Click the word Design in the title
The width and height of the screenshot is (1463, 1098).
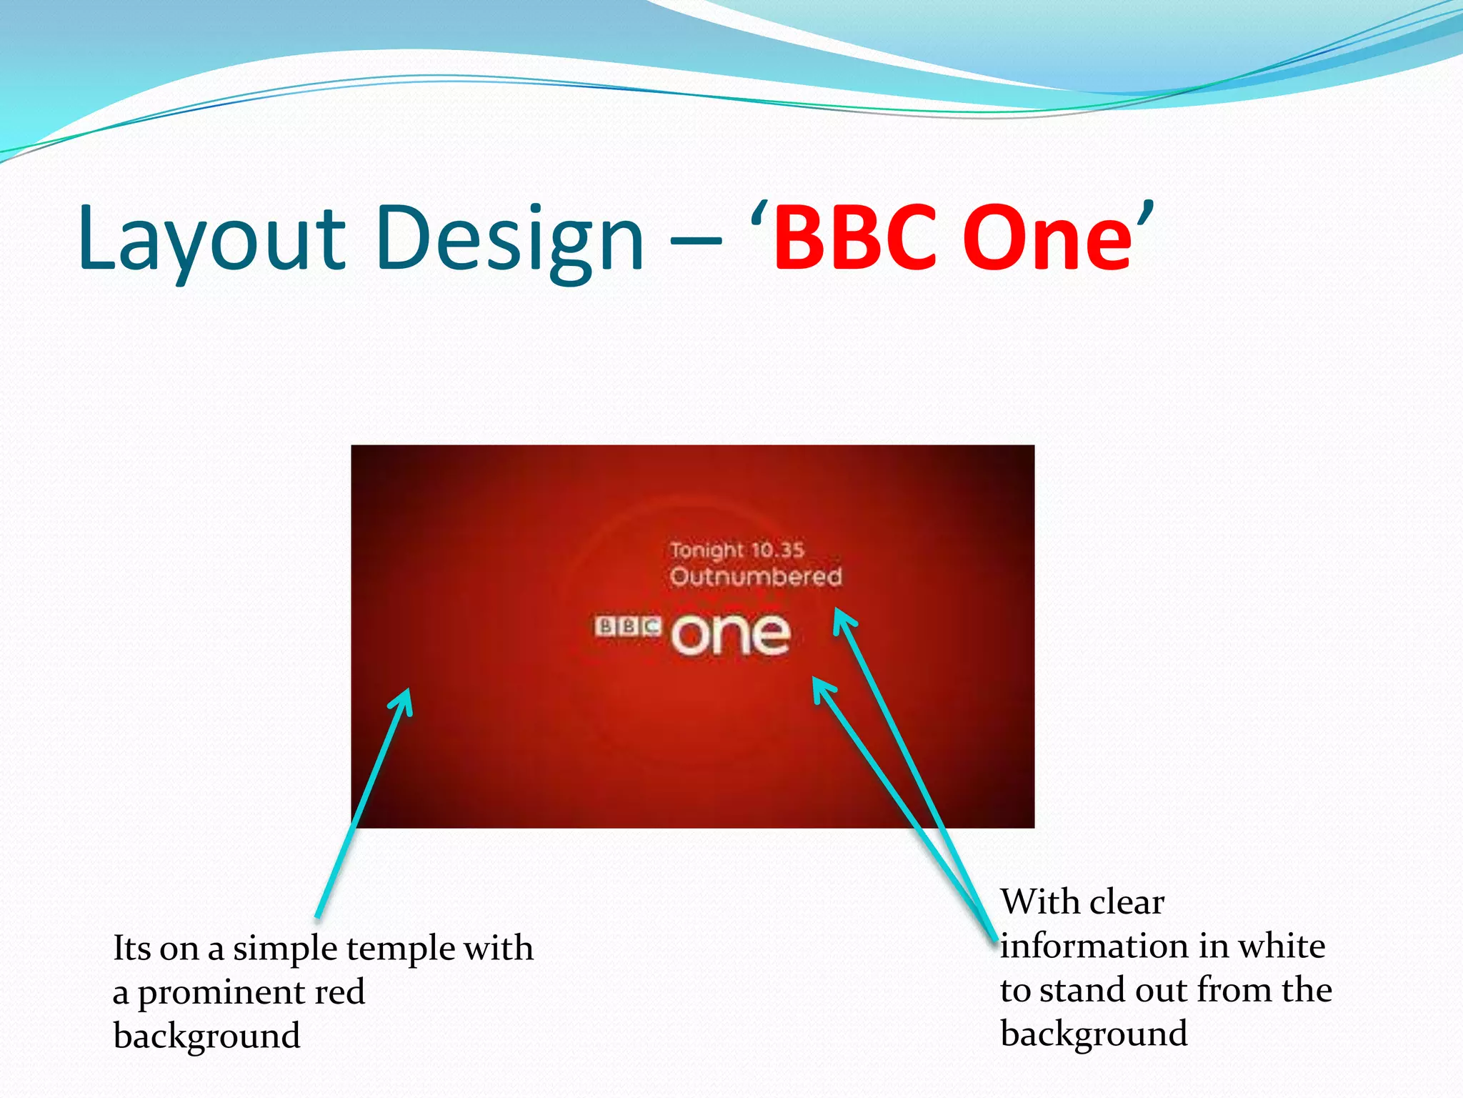[x=509, y=239]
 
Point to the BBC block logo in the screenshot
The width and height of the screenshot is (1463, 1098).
[x=628, y=627]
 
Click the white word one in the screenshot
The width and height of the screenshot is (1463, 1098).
[x=730, y=634]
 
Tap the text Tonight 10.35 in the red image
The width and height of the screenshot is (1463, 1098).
[x=737, y=550]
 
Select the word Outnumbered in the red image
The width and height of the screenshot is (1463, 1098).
[x=756, y=576]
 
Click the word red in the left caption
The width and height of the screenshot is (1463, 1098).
[x=339, y=992]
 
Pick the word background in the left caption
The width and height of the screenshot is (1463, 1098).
[x=206, y=1036]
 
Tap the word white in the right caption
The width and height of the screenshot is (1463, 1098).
[x=1282, y=946]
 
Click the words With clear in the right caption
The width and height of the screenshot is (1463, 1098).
[x=1082, y=901]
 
